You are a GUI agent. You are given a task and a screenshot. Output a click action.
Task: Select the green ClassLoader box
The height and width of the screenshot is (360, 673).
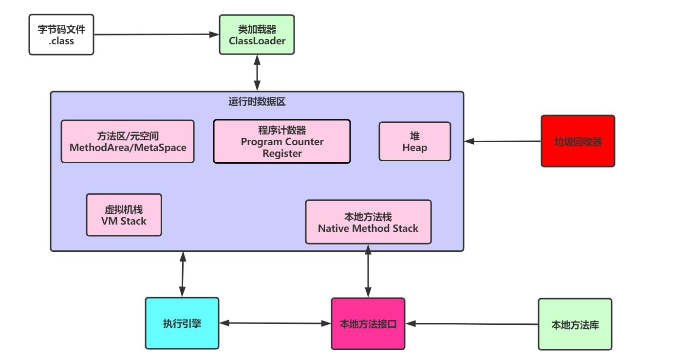tap(257, 35)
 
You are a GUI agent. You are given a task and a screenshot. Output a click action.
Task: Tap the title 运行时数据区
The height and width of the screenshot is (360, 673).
tap(257, 102)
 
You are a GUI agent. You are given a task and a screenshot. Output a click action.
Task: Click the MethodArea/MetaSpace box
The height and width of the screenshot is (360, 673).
tap(128, 141)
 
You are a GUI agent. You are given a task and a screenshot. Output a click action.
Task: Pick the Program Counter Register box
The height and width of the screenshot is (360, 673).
tap(282, 141)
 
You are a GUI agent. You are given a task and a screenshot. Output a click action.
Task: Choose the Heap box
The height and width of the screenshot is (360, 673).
tap(415, 141)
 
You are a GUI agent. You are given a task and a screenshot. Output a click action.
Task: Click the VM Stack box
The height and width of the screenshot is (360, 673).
tap(124, 215)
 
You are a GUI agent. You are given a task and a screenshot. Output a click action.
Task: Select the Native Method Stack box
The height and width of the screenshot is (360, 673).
tap(368, 222)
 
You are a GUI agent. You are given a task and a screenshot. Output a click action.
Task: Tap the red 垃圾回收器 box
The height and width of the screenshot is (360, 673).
tap(578, 141)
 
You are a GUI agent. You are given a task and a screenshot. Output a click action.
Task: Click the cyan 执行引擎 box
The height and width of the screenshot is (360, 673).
tap(182, 323)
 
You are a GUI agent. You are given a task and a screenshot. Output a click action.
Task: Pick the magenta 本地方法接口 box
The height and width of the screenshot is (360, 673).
tap(368, 323)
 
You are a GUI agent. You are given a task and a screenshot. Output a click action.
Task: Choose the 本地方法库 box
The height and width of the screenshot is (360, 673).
tap(575, 324)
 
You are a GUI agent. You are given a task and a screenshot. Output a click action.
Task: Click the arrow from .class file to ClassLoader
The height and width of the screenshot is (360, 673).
tap(156, 35)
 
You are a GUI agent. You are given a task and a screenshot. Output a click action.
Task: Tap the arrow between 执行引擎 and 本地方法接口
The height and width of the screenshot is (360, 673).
tap(275, 323)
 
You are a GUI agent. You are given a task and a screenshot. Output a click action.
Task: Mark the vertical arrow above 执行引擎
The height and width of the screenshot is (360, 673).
tap(183, 274)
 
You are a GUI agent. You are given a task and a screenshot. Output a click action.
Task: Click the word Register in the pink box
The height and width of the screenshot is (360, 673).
tap(282, 153)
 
